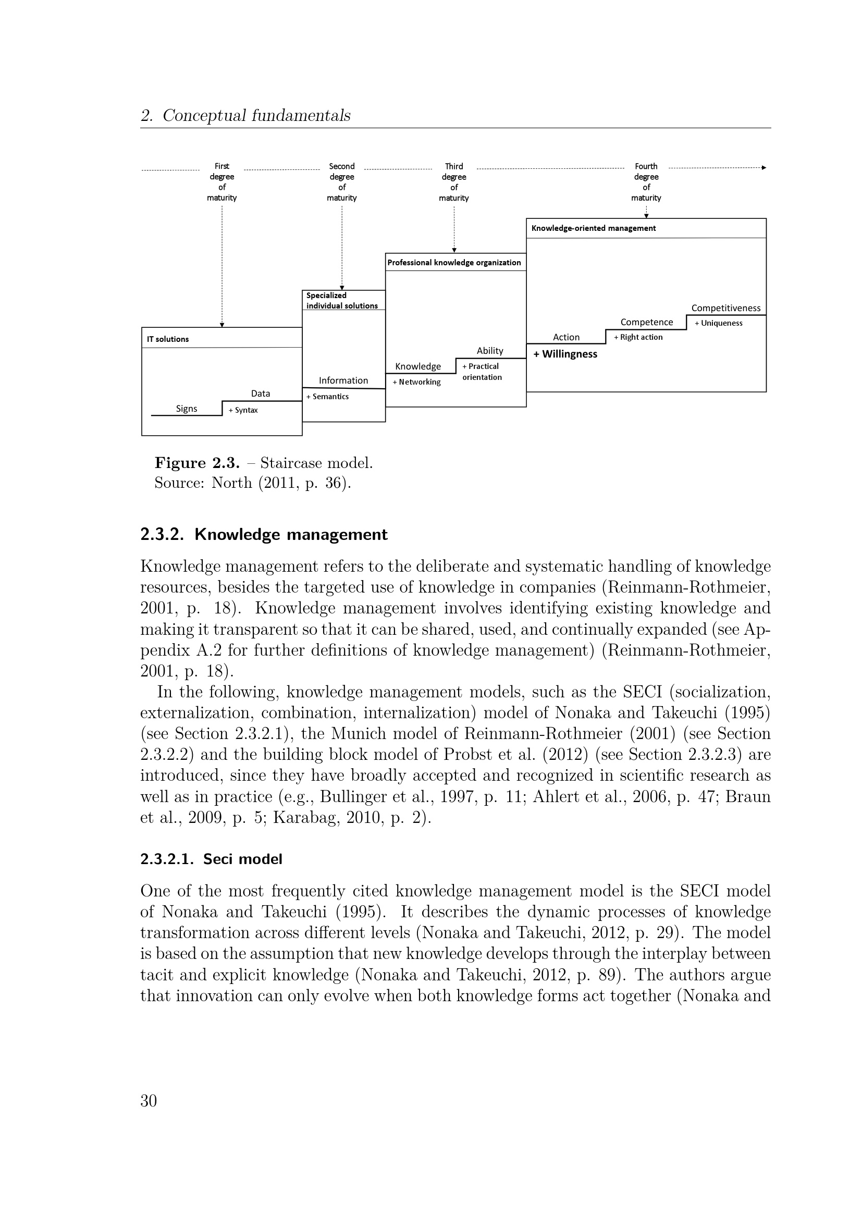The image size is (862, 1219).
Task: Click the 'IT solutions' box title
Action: [x=168, y=339]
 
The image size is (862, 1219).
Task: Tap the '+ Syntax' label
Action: [x=243, y=410]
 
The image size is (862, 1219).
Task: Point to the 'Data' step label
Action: [x=261, y=393]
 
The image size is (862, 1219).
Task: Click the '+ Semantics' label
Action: [x=327, y=397]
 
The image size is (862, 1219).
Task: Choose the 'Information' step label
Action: [x=343, y=380]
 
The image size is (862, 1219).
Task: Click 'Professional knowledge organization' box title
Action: [x=454, y=262]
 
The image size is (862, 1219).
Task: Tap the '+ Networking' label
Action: [x=417, y=381]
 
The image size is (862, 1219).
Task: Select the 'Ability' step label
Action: [x=490, y=350]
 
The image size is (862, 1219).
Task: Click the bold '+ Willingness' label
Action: [x=565, y=354]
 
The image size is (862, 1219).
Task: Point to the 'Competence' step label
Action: [x=646, y=322]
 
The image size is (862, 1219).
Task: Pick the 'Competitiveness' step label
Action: [x=725, y=308]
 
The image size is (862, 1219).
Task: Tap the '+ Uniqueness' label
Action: [x=719, y=323]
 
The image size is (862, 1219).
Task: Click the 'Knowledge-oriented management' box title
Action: [x=594, y=228]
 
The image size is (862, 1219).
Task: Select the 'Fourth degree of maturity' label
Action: [x=646, y=181]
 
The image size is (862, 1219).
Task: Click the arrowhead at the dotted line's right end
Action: [x=764, y=168]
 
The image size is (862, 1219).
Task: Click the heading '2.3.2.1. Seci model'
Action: [x=211, y=858]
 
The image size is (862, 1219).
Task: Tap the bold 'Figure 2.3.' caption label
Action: [x=197, y=463]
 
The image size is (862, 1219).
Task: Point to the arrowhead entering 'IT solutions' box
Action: [x=222, y=325]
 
